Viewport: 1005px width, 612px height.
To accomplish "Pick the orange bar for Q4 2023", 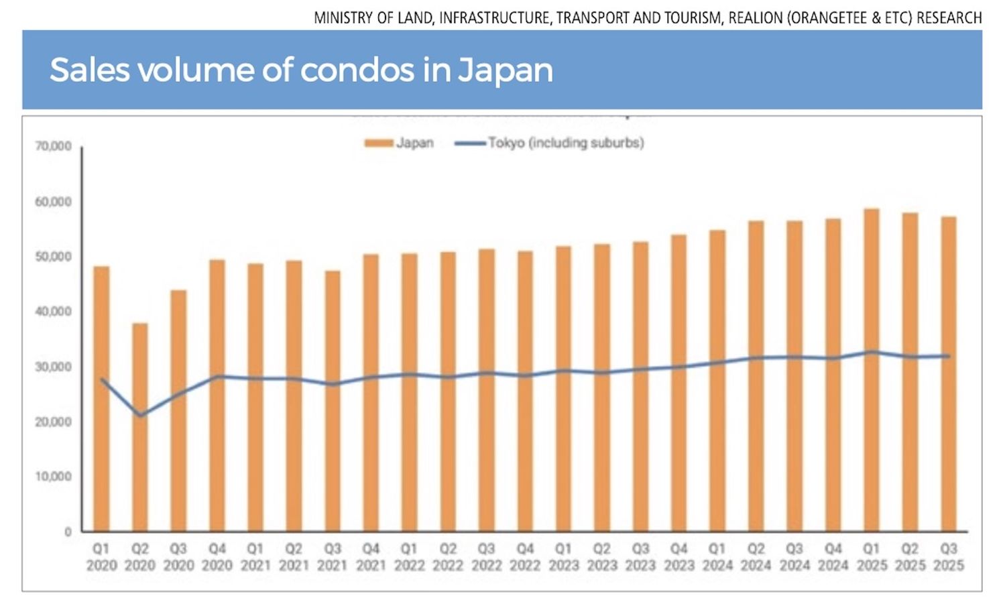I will (x=678, y=383).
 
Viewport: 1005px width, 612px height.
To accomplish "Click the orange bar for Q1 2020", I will (x=101, y=399).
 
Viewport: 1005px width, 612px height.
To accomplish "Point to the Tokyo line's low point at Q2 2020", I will (x=140, y=416).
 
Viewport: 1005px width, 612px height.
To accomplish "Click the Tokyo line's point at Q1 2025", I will (x=871, y=352).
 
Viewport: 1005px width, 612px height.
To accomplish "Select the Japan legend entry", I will (x=400, y=143).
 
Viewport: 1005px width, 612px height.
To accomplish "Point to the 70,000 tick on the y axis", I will (x=54, y=146).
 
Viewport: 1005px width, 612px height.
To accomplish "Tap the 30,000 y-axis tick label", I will (x=54, y=367).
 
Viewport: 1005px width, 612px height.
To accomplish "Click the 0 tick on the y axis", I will (x=68, y=532).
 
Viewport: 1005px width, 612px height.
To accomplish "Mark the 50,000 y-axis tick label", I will (x=54, y=257).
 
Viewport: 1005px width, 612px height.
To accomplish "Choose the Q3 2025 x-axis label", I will (x=948, y=557).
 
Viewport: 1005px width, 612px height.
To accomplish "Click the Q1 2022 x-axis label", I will (x=409, y=557).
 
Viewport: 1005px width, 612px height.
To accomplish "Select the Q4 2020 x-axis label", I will (x=217, y=557).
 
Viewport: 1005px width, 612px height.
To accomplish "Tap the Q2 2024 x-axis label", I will (x=756, y=557).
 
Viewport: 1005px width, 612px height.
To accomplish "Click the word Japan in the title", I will (x=506, y=70).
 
